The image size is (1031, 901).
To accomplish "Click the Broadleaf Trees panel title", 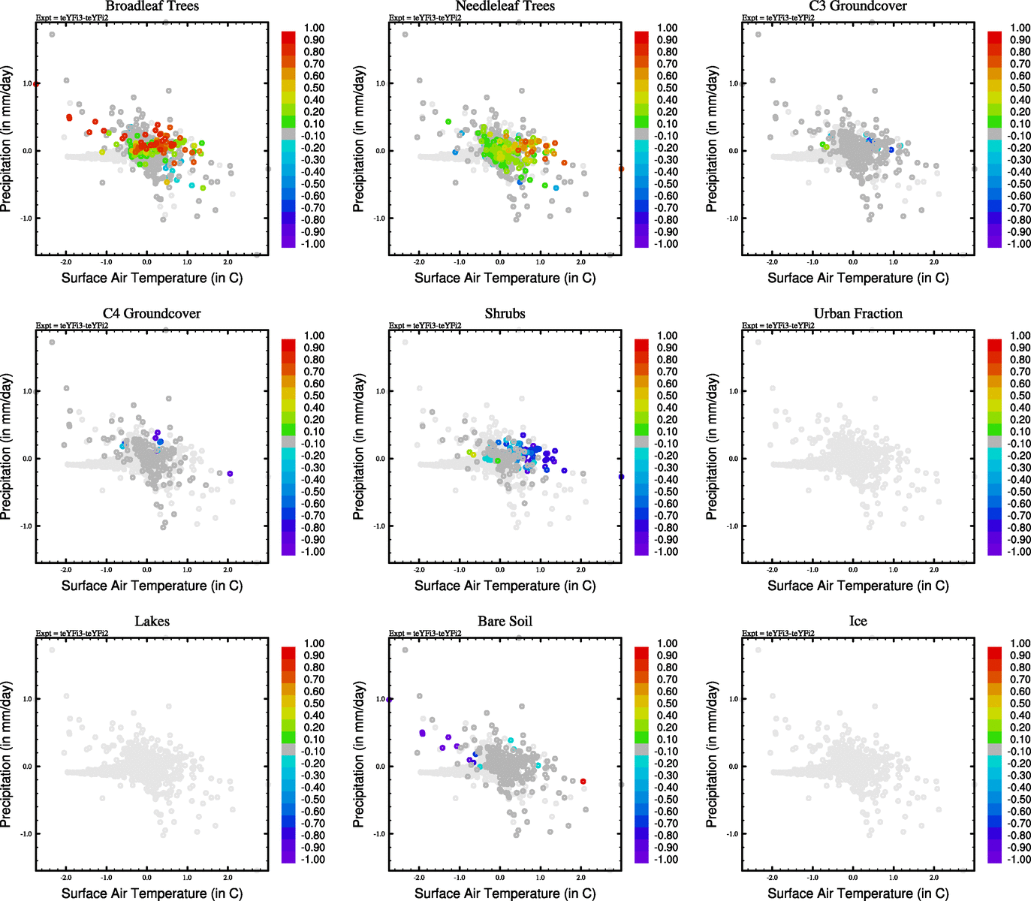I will (152, 6).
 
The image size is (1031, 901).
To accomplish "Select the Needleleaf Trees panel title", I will (505, 6).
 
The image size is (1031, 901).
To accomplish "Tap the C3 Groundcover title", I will (858, 6).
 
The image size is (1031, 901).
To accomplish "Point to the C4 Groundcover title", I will (152, 314).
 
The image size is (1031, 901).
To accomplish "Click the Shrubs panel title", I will (505, 314).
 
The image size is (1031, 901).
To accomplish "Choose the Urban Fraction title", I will (858, 314).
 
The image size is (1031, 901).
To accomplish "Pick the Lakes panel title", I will (152, 622).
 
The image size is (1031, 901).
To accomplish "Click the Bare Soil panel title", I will (505, 622).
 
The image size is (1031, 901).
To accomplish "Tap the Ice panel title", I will (858, 622).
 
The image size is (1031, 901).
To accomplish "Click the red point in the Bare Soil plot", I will (583, 782).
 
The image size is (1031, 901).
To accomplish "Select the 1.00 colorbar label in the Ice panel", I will (1020, 643).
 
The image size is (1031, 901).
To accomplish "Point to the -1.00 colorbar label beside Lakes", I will (313, 860).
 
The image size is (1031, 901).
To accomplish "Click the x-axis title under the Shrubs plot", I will (505, 586).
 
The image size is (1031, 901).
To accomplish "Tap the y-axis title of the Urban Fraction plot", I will (712, 447).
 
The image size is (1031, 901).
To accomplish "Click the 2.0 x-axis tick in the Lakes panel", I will (228, 878).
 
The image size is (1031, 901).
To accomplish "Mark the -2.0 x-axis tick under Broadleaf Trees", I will (66, 262).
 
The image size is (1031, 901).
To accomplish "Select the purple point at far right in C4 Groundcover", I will (230, 473).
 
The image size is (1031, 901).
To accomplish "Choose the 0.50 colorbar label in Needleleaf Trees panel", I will (667, 88).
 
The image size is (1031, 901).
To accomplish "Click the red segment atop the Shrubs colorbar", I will (641, 345).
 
